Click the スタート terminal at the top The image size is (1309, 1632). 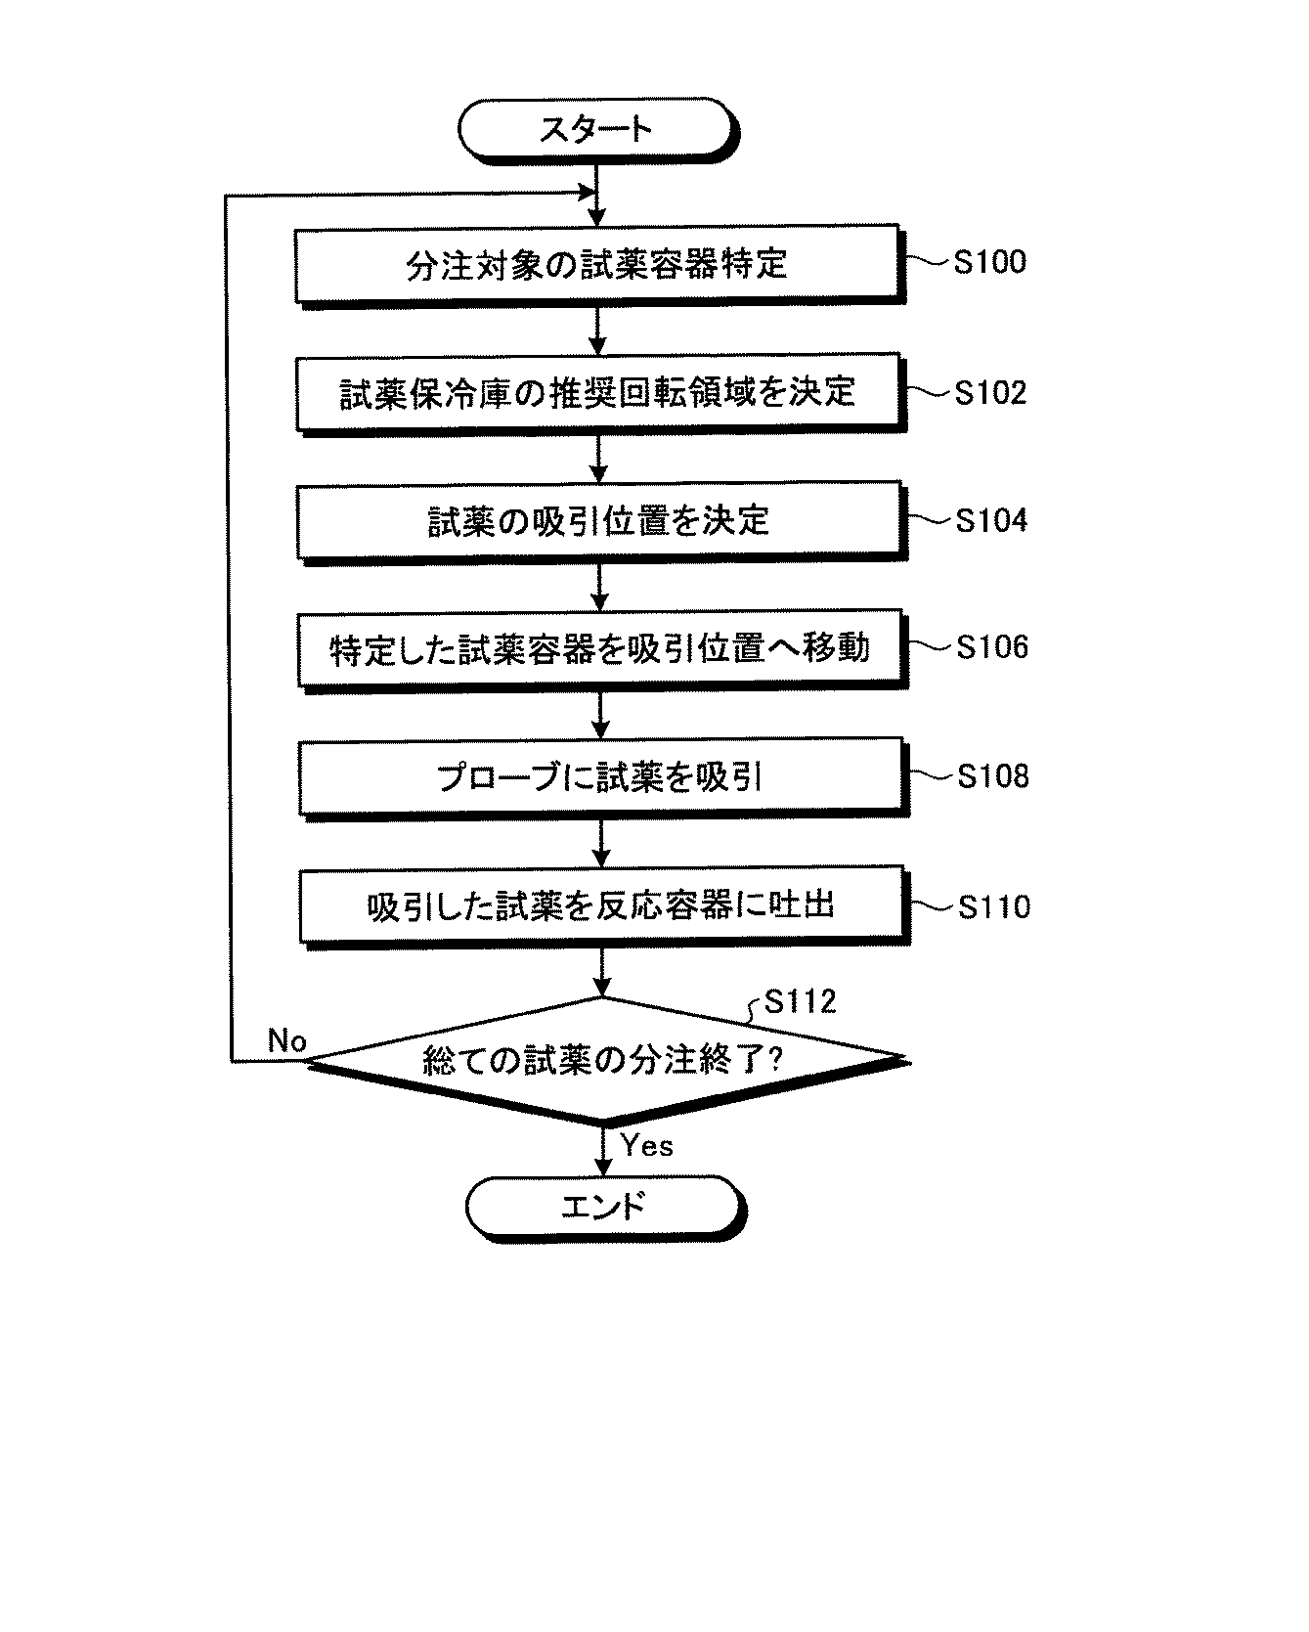[596, 128]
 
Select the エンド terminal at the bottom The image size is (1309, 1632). [602, 1205]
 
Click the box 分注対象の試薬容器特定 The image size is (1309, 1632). [596, 263]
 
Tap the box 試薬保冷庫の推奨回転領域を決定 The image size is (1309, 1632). [597, 391]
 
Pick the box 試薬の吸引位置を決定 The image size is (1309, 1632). [598, 519]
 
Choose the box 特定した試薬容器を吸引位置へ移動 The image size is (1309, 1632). [599, 647]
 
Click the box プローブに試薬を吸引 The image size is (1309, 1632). [599, 776]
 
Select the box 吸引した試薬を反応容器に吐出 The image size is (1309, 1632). [600, 905]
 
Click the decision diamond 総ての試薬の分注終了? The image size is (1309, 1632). [602, 1059]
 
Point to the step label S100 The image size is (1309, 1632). [989, 262]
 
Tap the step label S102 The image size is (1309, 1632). [990, 392]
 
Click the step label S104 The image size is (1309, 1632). [991, 520]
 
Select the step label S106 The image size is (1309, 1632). [992, 647]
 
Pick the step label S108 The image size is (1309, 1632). [992, 776]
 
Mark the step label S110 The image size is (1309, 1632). [993, 907]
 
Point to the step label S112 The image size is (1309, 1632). [800, 1001]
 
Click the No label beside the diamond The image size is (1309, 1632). [286, 1041]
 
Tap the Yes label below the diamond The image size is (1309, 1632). [646, 1145]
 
